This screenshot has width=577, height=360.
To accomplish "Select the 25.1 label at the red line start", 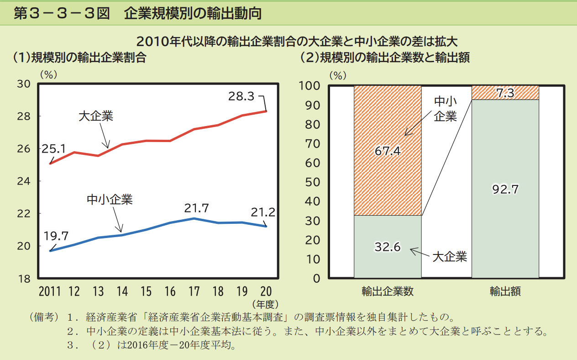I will [54, 148].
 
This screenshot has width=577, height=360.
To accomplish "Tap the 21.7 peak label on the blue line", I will [196, 208].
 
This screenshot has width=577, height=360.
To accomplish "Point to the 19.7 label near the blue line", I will [56, 236].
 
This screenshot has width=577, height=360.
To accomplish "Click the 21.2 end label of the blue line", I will [262, 212].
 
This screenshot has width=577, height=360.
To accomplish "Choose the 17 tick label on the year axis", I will [194, 291].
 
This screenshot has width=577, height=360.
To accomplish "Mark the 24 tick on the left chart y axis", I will [24, 181].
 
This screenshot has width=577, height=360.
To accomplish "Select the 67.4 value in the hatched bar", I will [388, 151].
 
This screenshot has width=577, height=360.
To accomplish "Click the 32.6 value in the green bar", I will [388, 247].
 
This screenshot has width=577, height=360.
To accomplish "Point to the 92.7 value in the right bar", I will [505, 189].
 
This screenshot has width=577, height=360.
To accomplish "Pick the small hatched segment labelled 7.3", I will [505, 93].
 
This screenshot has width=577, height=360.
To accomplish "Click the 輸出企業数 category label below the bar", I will [388, 291].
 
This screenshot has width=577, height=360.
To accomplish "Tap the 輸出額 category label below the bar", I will [505, 291].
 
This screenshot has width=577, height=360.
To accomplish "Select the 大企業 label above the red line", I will [95, 116].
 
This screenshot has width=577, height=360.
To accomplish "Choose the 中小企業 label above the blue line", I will [110, 199].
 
